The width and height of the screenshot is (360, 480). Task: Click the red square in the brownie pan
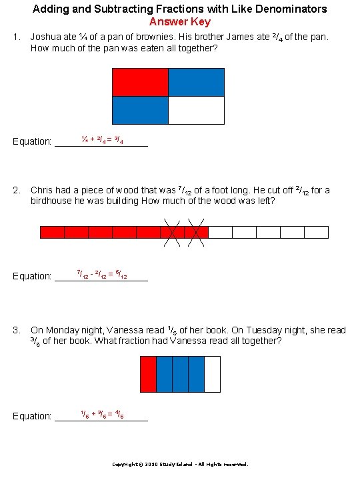click(140, 82)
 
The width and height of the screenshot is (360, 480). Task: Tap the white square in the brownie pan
click(196, 110)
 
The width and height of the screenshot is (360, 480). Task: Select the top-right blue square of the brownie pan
click(196, 82)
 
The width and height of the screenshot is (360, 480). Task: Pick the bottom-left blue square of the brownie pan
click(140, 110)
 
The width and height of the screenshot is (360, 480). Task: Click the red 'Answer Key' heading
click(179, 21)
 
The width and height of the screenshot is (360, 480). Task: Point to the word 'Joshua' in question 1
click(46, 37)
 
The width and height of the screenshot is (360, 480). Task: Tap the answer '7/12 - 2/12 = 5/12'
click(102, 274)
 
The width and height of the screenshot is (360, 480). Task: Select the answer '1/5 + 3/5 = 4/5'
click(101, 414)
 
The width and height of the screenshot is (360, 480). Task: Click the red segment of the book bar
click(148, 374)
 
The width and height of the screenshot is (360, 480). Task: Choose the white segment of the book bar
click(212, 374)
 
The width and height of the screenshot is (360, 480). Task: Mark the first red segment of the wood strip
click(52, 232)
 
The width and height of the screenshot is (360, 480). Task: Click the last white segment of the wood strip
click(316, 232)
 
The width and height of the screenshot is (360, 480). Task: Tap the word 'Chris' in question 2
click(41, 190)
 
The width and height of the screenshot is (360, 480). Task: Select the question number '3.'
click(17, 330)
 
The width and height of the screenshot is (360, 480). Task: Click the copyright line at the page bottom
click(179, 464)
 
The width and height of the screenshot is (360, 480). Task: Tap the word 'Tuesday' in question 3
click(253, 330)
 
